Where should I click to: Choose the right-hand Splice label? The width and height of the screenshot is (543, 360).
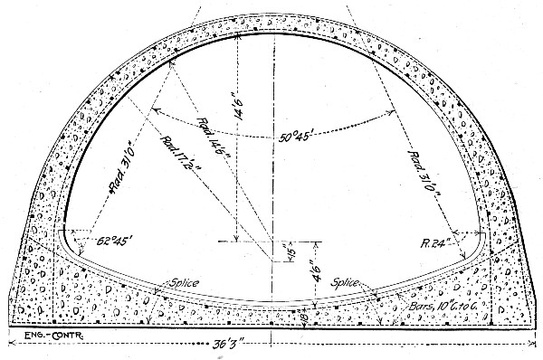coord(350,281)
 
